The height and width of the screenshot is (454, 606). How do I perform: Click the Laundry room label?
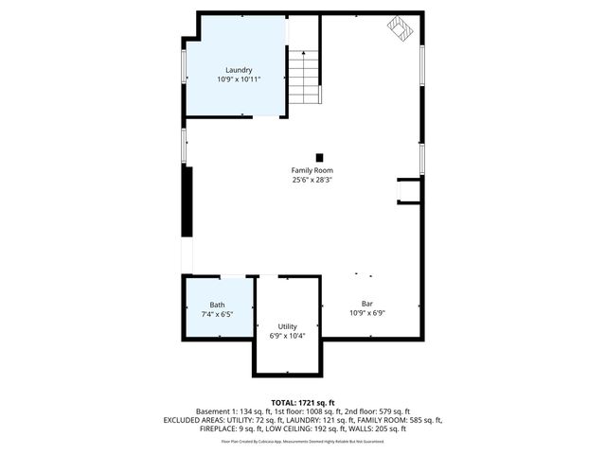point(239,70)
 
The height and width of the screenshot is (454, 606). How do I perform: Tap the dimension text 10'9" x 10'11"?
point(239,79)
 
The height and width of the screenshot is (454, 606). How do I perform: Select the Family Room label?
point(312,170)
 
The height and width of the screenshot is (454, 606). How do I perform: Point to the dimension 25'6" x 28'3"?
point(312,180)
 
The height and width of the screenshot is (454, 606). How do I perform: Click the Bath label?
point(217,305)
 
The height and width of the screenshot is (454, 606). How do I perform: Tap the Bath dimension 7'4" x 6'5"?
point(217,314)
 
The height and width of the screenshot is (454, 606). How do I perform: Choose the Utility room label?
point(287,325)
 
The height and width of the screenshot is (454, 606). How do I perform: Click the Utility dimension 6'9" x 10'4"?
point(287,335)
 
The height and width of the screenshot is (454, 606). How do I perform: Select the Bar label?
point(366,304)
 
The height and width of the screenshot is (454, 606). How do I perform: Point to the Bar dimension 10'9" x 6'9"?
point(366,313)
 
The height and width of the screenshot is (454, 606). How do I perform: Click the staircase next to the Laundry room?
point(304,79)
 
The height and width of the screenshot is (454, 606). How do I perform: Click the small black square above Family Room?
point(319,157)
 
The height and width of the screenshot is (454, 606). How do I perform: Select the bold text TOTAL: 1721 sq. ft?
point(303,402)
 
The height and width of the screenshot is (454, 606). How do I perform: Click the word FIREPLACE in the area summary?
point(220,428)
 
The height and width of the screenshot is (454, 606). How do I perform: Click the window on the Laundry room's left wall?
point(184,66)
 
